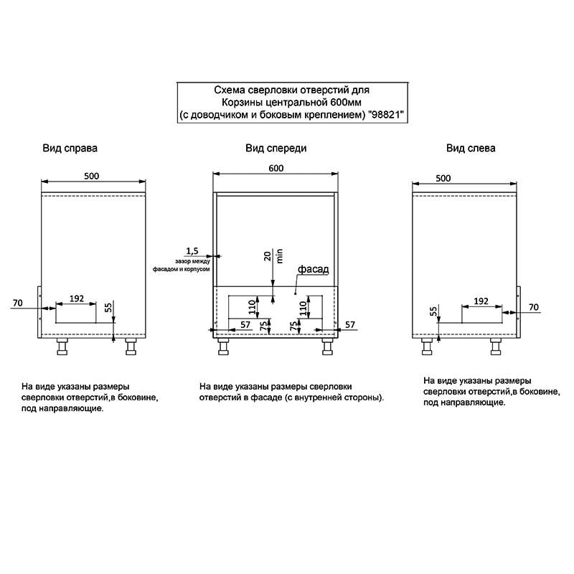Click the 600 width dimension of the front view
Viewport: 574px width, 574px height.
276,168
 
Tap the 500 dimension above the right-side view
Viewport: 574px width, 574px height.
92,176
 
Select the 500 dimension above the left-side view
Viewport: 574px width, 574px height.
443,178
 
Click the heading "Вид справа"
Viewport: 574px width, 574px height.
70,149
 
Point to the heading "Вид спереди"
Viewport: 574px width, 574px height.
276,149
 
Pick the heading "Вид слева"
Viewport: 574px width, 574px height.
471,149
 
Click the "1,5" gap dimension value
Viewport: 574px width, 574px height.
192,250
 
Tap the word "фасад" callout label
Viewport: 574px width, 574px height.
314,269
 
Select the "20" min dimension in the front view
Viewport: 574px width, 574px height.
268,256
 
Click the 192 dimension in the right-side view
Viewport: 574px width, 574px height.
77,298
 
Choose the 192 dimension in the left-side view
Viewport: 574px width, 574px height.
481,301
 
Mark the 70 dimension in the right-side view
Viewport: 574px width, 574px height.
17,303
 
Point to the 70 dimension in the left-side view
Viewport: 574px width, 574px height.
534,307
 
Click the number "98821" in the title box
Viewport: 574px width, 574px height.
386,115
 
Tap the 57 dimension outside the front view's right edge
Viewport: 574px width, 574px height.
350,325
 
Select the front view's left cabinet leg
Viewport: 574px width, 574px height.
223,347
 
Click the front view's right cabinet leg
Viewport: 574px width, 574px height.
327,347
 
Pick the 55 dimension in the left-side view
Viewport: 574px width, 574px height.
433,311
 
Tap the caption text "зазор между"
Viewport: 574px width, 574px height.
192,261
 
